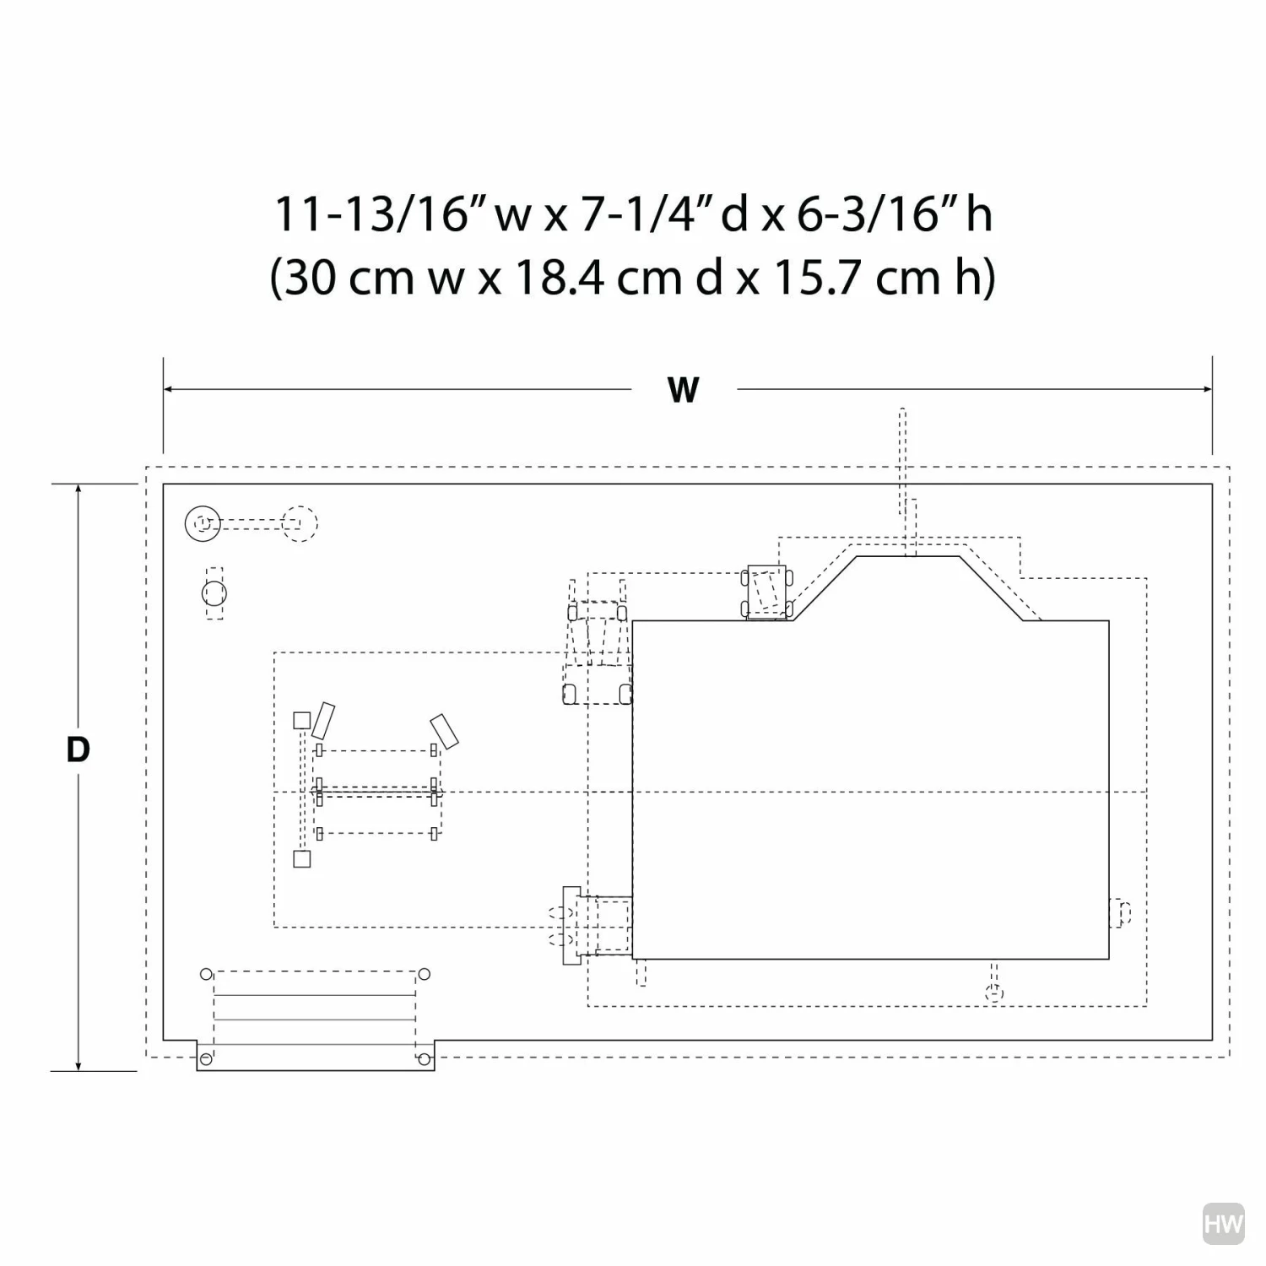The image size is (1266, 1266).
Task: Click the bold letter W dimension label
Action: (683, 390)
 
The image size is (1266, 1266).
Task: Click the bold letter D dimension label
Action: (78, 749)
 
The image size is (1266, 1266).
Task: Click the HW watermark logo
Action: (1223, 1225)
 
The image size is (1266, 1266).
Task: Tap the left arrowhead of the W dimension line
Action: (169, 389)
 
